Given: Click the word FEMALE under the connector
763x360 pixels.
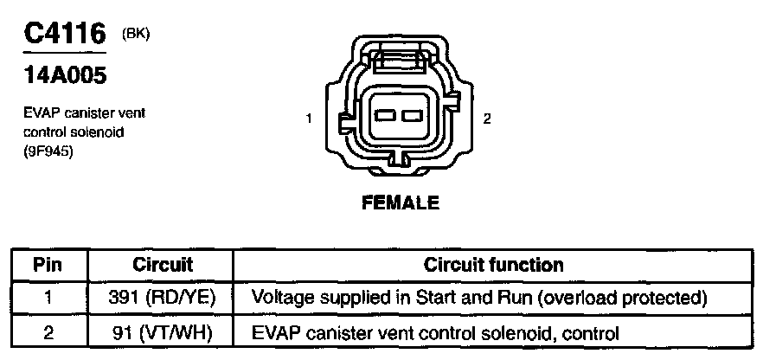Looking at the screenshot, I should (400, 203).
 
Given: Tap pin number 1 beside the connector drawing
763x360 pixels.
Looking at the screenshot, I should (309, 119).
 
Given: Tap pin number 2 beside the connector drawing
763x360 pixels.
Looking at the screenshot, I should (487, 119).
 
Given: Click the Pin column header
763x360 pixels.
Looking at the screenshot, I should (49, 265).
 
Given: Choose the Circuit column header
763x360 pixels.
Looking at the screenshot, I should (162, 265).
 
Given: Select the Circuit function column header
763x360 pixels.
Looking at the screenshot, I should (493, 265).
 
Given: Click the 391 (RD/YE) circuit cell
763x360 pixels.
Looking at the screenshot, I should (162, 299).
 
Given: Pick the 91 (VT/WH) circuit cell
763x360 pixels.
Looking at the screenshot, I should (162, 331).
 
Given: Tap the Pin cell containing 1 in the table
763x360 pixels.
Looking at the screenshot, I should (49, 299).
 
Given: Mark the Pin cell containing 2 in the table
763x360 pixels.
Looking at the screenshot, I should (49, 331).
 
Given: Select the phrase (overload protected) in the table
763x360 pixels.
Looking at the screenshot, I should (626, 299).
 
